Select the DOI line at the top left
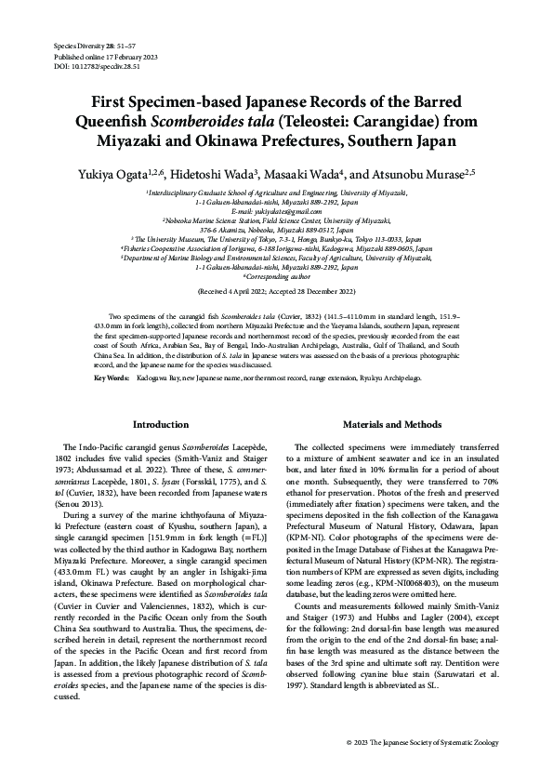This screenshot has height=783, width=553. point(83,67)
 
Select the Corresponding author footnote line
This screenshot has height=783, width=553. point(276,277)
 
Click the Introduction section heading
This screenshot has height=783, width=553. point(161,424)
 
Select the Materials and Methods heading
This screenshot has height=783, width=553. point(390,424)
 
